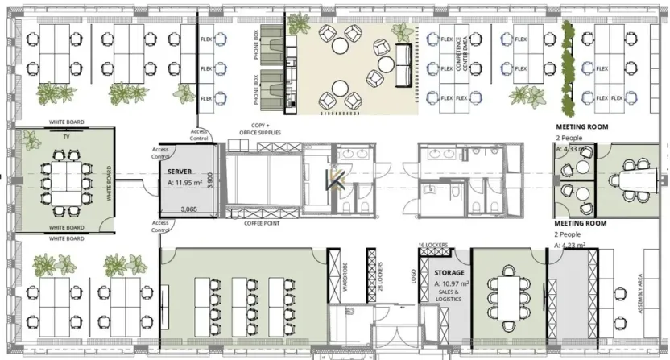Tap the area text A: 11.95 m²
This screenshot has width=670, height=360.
[188, 183]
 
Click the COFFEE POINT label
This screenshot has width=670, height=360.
[263, 223]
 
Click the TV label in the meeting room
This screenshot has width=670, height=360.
[67, 137]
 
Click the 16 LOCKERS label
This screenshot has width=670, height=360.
[432, 244]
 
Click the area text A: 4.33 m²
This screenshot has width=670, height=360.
[573, 149]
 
